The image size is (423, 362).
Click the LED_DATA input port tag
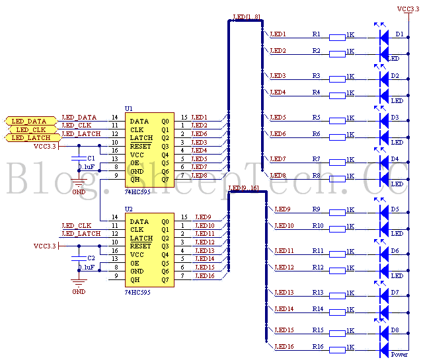(x=27, y=121)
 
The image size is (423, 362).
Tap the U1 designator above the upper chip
(x=128, y=108)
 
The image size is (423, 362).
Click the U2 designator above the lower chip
(x=128, y=207)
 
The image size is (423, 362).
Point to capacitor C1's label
(x=91, y=159)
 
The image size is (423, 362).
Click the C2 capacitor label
(x=91, y=258)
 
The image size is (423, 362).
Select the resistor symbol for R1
(x=336, y=37)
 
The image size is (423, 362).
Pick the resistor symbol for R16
(x=336, y=347)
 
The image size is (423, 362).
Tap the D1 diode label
(x=399, y=34)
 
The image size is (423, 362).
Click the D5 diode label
(x=395, y=209)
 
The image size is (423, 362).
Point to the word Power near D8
(x=400, y=355)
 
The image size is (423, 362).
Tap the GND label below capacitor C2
(x=79, y=291)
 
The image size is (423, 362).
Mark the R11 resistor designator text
(x=317, y=251)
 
